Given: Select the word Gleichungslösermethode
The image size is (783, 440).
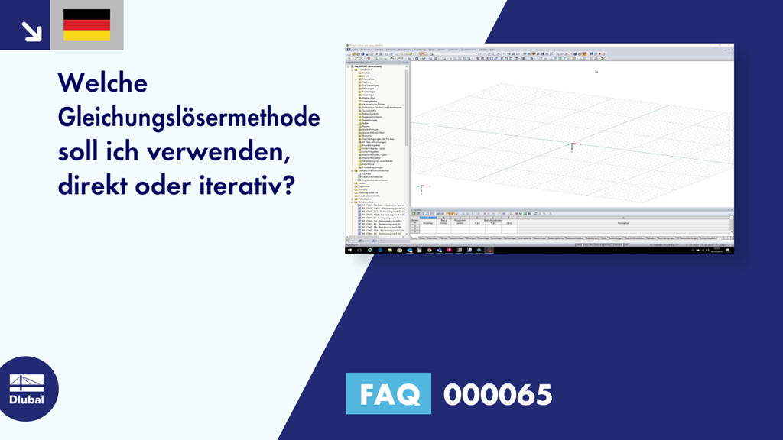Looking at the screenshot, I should pyautogui.click(x=189, y=118).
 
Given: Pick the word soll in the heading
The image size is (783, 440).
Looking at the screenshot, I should pyautogui.click(x=80, y=153).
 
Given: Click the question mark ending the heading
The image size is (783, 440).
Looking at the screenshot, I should pyautogui.click(x=288, y=186).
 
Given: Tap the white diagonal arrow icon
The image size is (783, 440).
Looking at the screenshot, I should pyautogui.click(x=31, y=31).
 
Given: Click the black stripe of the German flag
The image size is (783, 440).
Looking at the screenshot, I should pyautogui.click(x=86, y=15).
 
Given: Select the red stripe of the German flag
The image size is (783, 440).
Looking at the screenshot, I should pyautogui.click(x=86, y=25).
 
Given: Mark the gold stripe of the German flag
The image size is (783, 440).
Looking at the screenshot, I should pyautogui.click(x=86, y=36).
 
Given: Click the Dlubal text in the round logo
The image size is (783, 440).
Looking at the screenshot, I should pyautogui.click(x=27, y=400).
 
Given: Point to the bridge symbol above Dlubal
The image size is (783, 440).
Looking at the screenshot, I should pyautogui.click(x=27, y=383).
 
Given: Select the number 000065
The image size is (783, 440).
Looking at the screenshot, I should pyautogui.click(x=498, y=394).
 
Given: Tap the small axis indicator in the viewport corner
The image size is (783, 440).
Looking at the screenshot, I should pyautogui.click(x=420, y=187).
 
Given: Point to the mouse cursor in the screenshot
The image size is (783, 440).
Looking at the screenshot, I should pyautogui.click(x=596, y=71).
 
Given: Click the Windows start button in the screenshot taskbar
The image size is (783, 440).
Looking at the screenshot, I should pyautogui.click(x=349, y=250).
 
